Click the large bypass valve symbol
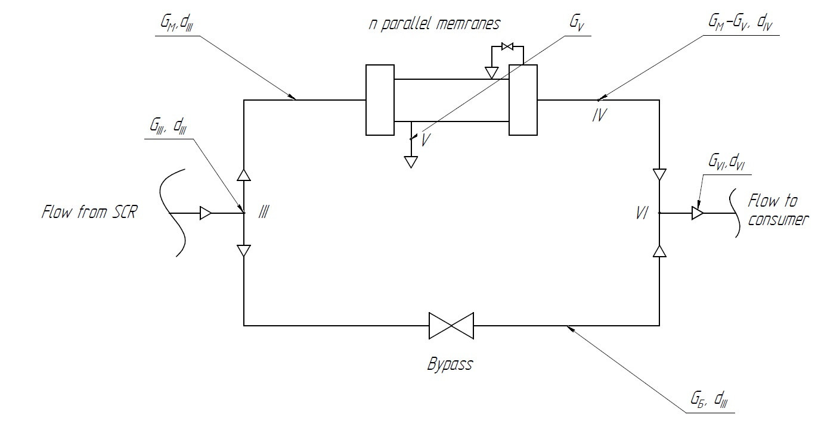tap(451, 326)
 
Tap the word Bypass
tap(450, 364)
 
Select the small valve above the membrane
tap(507, 46)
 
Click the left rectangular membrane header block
tap(380, 100)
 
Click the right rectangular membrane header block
tap(523, 100)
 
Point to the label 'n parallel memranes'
tap(435, 24)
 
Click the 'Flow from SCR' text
tap(89, 212)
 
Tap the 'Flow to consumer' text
tap(777, 210)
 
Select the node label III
tap(264, 211)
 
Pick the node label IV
tap(599, 115)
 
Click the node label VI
tap(642, 213)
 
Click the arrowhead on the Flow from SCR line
tap(206, 213)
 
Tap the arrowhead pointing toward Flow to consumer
tap(698, 213)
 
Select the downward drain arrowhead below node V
tap(411, 162)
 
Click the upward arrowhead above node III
tap(244, 175)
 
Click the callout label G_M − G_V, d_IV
tap(740, 23)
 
